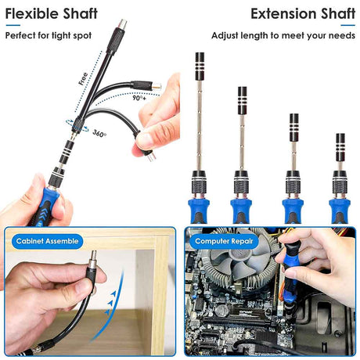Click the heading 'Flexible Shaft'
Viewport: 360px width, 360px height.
52,14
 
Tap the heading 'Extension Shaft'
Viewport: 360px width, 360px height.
303,14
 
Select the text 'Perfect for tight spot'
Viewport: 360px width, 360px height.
49,35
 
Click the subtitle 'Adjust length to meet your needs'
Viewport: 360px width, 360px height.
283,35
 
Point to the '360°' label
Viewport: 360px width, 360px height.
99,133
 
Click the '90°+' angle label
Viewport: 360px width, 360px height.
139,98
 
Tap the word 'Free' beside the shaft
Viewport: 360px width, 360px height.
83,78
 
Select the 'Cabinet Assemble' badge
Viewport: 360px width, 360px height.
47,241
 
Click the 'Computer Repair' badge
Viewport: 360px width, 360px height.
224,241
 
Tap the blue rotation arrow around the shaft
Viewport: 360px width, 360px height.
77,126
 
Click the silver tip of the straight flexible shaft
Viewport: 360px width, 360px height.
122,24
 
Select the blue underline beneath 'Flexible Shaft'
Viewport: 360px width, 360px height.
13,25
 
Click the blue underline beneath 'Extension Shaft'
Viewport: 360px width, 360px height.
348,25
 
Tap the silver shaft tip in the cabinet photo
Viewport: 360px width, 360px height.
92,259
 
